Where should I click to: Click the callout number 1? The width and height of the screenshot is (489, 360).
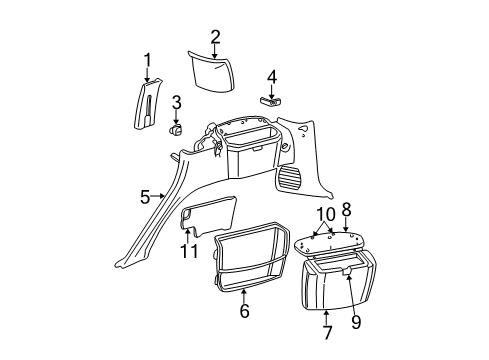coord(147,61)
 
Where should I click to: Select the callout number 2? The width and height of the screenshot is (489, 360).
coord(215,37)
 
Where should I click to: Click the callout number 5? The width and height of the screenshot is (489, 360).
coord(144,197)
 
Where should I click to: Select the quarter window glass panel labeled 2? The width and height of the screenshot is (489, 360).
coord(215,74)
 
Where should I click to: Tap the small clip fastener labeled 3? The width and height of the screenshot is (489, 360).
coord(175,128)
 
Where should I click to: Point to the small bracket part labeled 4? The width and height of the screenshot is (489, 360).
coord(271,100)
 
